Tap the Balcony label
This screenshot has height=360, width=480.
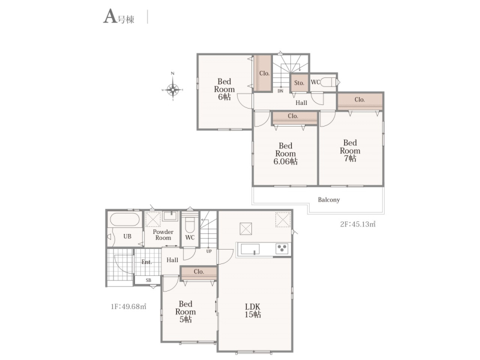(x=329, y=200)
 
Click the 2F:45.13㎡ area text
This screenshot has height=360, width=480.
(x=358, y=224)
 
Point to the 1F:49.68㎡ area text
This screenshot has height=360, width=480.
(x=128, y=306)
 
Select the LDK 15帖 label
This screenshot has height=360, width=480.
(x=253, y=310)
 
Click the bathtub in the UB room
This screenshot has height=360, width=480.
(x=125, y=220)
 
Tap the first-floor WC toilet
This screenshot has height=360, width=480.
(x=190, y=223)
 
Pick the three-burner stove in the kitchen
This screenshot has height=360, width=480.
(x=282, y=248)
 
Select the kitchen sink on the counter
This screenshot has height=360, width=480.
(x=250, y=249)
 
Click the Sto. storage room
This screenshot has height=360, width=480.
(x=299, y=83)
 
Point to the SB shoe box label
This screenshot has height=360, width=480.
(x=148, y=280)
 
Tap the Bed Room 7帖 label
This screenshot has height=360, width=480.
(x=350, y=151)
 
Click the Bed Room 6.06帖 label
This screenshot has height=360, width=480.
(x=286, y=154)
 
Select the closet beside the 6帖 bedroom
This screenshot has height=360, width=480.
(x=263, y=73)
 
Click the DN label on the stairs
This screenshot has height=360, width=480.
(x=280, y=91)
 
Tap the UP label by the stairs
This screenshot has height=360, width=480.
(x=209, y=251)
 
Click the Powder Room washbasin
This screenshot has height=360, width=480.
(x=170, y=216)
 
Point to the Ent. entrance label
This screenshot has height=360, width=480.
(x=146, y=262)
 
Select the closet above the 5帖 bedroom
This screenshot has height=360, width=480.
(x=199, y=272)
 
